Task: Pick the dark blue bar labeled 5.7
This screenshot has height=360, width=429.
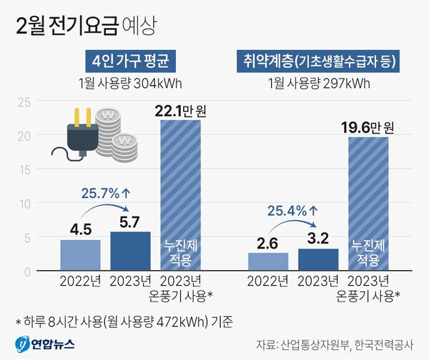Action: coord(130,251)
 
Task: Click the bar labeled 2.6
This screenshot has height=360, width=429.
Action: coord(268,261)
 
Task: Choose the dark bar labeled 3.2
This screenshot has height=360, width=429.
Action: coord(319,259)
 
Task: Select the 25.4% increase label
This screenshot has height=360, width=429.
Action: coord(293,211)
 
